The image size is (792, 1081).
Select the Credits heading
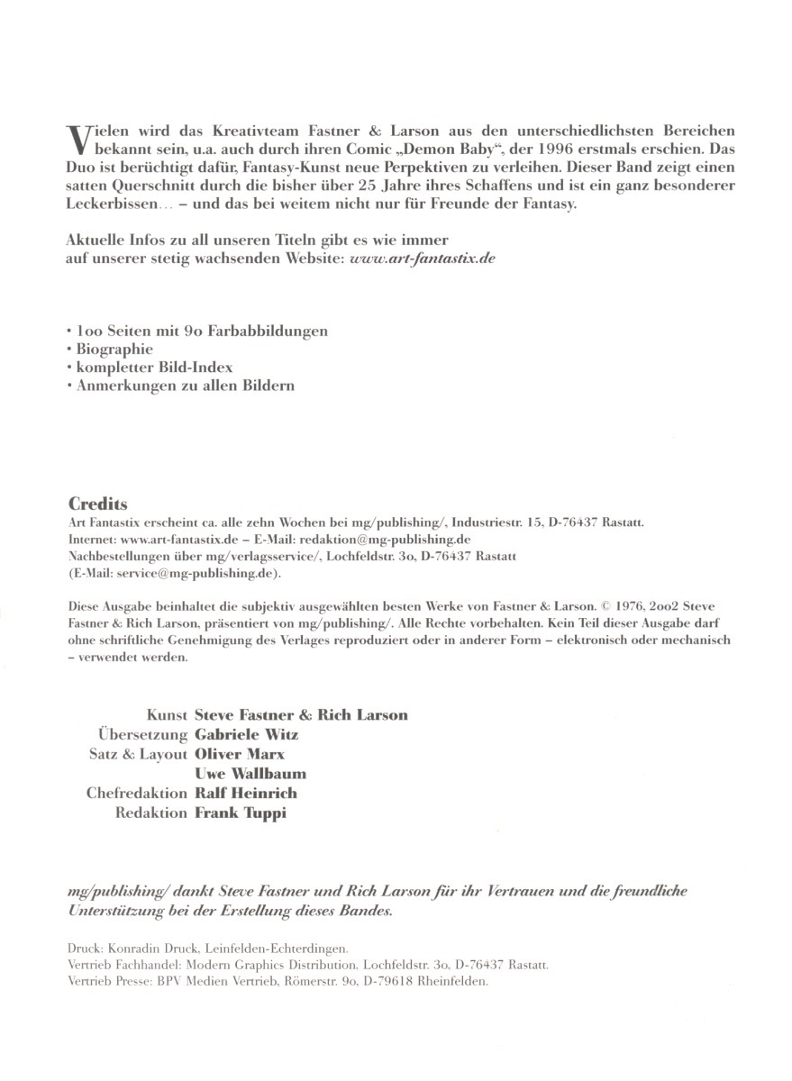[x=97, y=504]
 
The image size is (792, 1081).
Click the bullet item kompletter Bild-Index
[x=153, y=367]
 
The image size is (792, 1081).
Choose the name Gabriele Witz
[x=247, y=734]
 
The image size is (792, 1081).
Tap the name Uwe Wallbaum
[x=250, y=773]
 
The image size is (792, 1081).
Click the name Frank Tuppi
[x=241, y=813]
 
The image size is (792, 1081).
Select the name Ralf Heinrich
[x=246, y=794]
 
